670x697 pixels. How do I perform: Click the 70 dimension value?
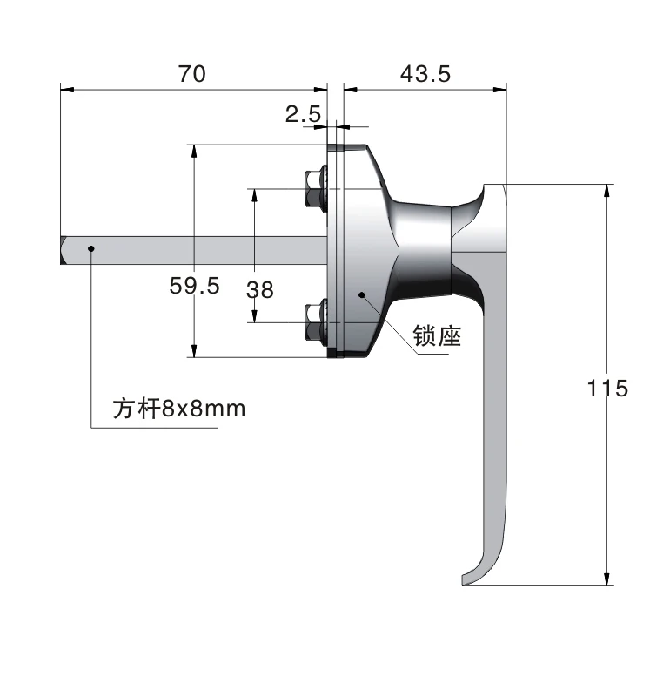pos(192,74)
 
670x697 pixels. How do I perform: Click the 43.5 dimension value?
pos(425,74)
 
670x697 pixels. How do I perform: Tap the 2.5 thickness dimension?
pos(303,112)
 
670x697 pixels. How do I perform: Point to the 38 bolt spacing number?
pos(259,288)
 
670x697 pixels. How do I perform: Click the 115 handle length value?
pos(606,388)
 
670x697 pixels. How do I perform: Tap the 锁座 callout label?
pos(437,336)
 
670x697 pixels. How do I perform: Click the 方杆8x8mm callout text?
pos(179,408)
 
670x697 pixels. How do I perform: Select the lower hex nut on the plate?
pos(313,320)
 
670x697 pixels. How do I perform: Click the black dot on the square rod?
pos(91,249)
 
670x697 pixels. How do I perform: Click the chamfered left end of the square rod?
pos(64,250)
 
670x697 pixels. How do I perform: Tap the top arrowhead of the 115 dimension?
pos(606,191)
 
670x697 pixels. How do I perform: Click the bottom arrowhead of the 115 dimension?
pos(606,579)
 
